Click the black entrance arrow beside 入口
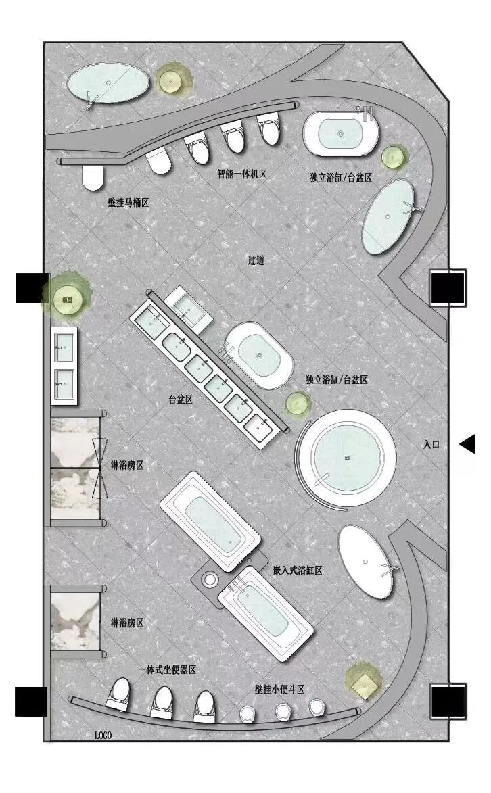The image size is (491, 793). pyautogui.click(x=467, y=443)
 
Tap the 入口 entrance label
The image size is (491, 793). pyautogui.click(x=431, y=445)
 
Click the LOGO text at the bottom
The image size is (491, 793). pyautogui.click(x=103, y=735)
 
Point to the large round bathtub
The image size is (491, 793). pyautogui.click(x=347, y=458)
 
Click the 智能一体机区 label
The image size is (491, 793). pyautogui.click(x=241, y=174)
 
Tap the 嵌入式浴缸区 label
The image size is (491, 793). pyautogui.click(x=298, y=570)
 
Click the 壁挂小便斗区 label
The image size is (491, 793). pyautogui.click(x=280, y=689)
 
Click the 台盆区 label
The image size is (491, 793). pyautogui.click(x=181, y=400)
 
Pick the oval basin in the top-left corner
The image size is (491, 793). pyautogui.click(x=108, y=82)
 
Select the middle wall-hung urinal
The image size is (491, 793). pyautogui.click(x=283, y=711)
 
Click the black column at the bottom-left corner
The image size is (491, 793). pyautogui.click(x=31, y=701)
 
